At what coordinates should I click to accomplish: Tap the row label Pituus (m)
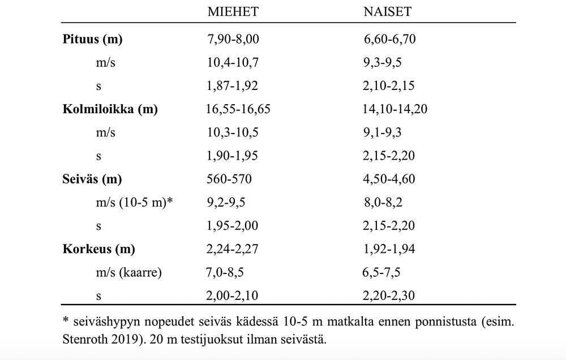coord(92,40)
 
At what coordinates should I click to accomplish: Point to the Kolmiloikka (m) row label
coord(110,109)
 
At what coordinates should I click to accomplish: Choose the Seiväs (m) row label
coord(92,179)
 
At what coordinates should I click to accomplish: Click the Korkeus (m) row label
coord(98,249)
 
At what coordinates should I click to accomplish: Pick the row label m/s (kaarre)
coord(129,272)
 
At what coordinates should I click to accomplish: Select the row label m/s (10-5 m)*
coord(134,203)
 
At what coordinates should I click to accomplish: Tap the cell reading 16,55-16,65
coord(239,109)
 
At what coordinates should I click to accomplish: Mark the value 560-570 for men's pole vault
coord(229,179)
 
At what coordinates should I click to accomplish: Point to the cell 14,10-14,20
coord(395,109)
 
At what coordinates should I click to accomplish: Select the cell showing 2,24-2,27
coord(233,249)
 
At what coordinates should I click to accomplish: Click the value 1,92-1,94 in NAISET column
coord(389,249)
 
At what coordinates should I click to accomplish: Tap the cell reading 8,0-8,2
coord(384,203)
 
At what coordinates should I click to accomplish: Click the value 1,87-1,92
coord(233,86)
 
